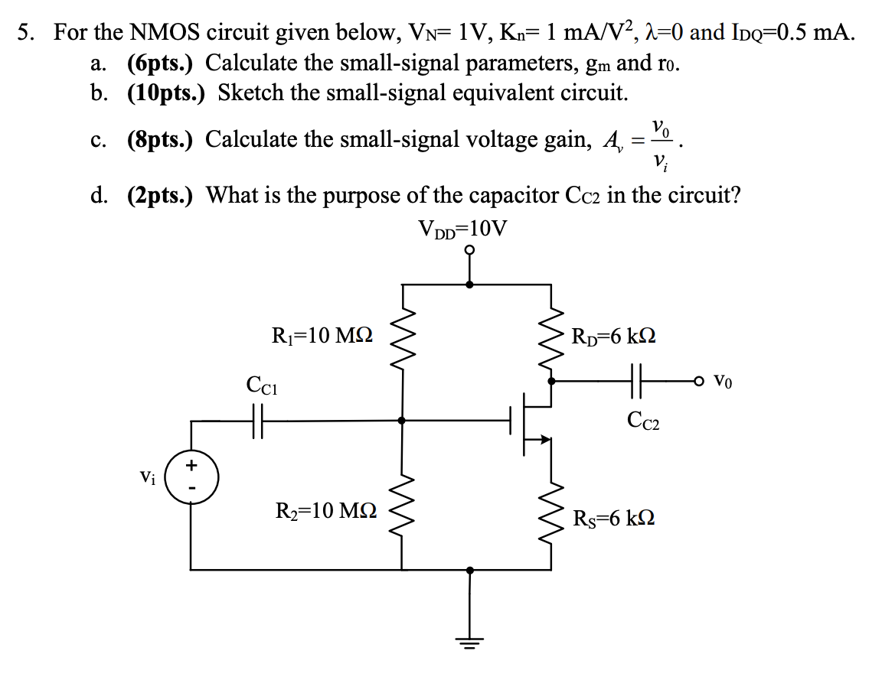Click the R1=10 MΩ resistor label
tap(322, 335)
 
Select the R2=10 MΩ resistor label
tap(325, 511)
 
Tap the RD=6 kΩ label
tap(613, 336)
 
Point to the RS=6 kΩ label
tap(613, 519)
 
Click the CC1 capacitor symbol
tap(258, 420)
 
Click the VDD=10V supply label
tap(462, 229)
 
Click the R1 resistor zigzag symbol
tap(402, 334)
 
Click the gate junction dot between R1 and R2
tap(402, 420)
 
